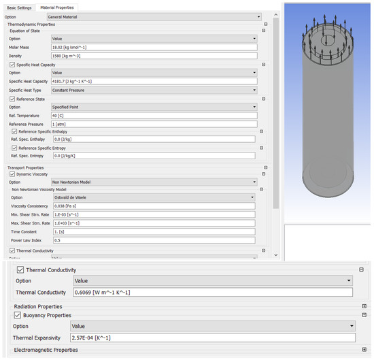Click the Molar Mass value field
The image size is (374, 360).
[154, 48]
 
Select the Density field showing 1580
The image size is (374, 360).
[154, 56]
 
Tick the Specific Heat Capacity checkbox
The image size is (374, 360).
[12, 64]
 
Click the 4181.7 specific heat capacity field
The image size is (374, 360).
[154, 81]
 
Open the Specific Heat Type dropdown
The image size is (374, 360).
[154, 90]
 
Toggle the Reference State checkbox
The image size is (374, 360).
[12, 99]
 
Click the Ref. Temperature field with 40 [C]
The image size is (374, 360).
[154, 116]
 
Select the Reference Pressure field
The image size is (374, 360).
[154, 124]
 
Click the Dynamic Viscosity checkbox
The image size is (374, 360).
[12, 174]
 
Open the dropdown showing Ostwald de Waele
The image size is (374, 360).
[154, 197]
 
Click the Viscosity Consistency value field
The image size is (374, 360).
[154, 206]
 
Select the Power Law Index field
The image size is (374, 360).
[154, 240]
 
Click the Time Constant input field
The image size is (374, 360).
[154, 231]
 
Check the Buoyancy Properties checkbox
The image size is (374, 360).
[18, 315]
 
